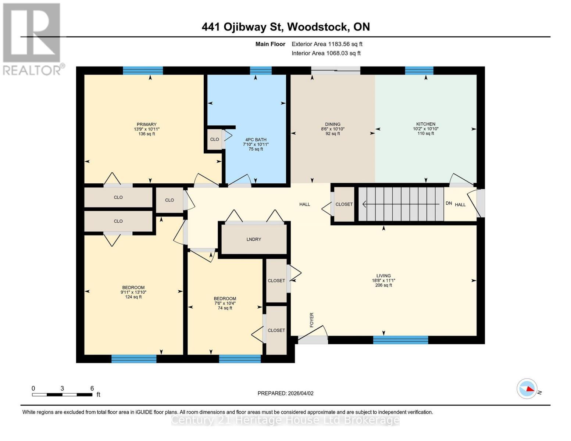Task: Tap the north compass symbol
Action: click(527, 388)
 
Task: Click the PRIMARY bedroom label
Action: click(146, 129)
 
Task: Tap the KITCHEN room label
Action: click(425, 129)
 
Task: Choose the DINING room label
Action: click(332, 129)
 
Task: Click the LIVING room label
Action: click(383, 280)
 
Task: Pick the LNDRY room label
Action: click(254, 239)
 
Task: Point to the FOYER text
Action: click(312, 320)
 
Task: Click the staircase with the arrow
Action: click(401, 204)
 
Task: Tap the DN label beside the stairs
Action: click(449, 203)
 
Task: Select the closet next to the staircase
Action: click(344, 204)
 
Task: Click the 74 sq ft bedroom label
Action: click(225, 303)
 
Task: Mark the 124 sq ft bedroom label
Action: click(133, 292)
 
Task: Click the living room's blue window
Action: click(400, 340)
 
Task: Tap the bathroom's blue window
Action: click(261, 71)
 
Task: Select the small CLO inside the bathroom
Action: click(214, 139)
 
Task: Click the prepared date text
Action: click(285, 393)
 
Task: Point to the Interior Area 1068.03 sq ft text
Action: click(326, 53)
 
